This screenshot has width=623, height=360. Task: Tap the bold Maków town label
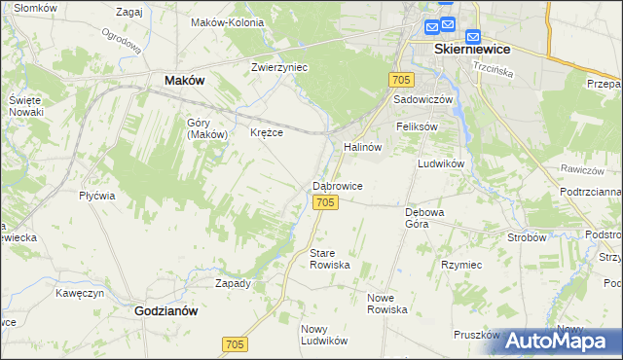click(184, 81)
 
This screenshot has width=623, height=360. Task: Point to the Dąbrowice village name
click(338, 185)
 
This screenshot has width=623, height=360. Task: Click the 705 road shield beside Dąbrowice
click(326, 201)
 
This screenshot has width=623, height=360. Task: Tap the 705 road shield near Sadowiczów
click(400, 79)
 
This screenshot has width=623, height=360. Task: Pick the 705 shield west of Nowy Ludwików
click(235, 344)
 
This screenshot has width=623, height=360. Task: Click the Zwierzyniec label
click(279, 67)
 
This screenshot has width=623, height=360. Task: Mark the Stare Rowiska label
click(329, 259)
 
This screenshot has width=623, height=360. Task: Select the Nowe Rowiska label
click(386, 303)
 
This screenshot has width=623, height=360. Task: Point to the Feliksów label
click(417, 126)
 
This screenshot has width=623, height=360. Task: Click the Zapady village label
click(233, 283)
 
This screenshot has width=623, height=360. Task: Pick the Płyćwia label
click(97, 195)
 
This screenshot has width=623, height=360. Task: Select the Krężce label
click(266, 132)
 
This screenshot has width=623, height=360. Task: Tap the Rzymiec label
click(461, 264)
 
